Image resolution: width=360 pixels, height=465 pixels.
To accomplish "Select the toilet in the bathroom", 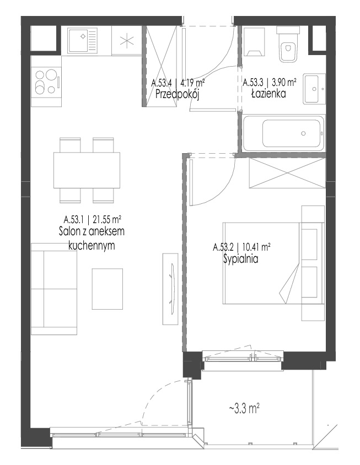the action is coord(288,45).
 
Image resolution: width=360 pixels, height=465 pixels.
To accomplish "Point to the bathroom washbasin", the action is coord(314,88).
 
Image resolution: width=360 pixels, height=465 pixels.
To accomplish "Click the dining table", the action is coord(87,170).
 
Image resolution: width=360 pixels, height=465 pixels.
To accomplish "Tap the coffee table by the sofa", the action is coord(108,289).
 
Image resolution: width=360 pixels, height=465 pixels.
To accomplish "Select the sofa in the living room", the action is coord(54,289).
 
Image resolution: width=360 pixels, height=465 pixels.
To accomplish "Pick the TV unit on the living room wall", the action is coord(171,289).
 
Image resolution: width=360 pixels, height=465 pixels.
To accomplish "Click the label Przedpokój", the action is coord(178,95).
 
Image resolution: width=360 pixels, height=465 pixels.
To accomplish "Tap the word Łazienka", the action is coord(268,94).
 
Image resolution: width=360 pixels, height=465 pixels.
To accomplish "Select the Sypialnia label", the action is coord(240,259).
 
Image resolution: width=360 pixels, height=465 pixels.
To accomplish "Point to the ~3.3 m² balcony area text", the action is coord(245,409).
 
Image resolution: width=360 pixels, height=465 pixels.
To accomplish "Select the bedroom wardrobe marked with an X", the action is coord(287,173).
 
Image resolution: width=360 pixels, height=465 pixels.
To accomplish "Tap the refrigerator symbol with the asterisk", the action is coord(127,40).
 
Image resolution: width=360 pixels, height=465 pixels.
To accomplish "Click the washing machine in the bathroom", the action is coord(254,42).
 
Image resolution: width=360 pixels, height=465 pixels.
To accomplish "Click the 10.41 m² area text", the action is coord(256,247).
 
